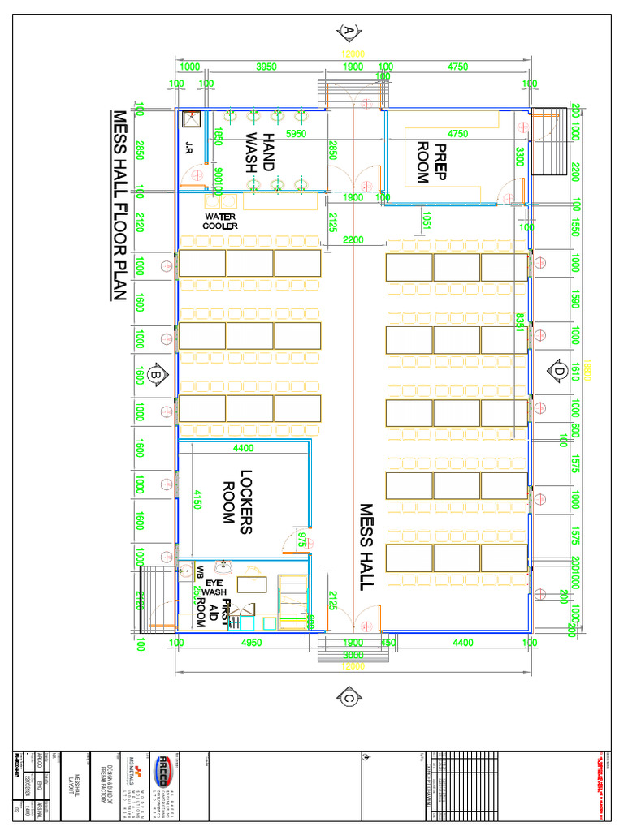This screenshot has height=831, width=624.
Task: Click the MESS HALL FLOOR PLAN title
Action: pyautogui.click(x=119, y=206)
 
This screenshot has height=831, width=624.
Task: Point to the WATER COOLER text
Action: pyautogui.click(x=221, y=222)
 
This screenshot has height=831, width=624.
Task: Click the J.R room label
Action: pyautogui.click(x=188, y=148)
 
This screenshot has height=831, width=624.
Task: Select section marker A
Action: pyautogui.click(x=349, y=31)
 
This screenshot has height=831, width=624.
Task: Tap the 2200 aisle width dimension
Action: pyautogui.click(x=354, y=239)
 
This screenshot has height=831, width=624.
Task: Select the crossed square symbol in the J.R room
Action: pyautogui.click(x=192, y=119)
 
